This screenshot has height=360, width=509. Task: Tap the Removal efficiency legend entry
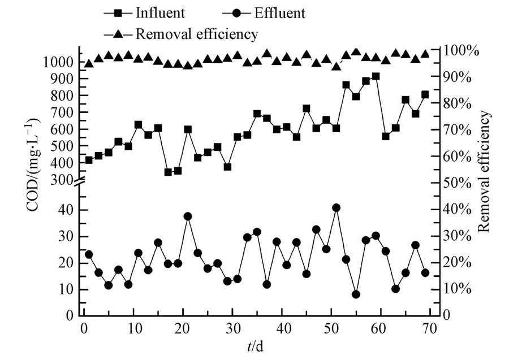click(x=186, y=34)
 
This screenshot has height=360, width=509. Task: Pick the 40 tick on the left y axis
click(x=68, y=210)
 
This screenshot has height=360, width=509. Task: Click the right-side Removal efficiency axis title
click(x=484, y=172)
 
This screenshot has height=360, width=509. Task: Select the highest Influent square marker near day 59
click(x=376, y=76)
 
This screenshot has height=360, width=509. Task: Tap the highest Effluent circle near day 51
click(x=336, y=208)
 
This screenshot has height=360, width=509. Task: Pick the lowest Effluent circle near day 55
click(x=356, y=294)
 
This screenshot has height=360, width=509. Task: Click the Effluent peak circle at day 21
click(x=188, y=216)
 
